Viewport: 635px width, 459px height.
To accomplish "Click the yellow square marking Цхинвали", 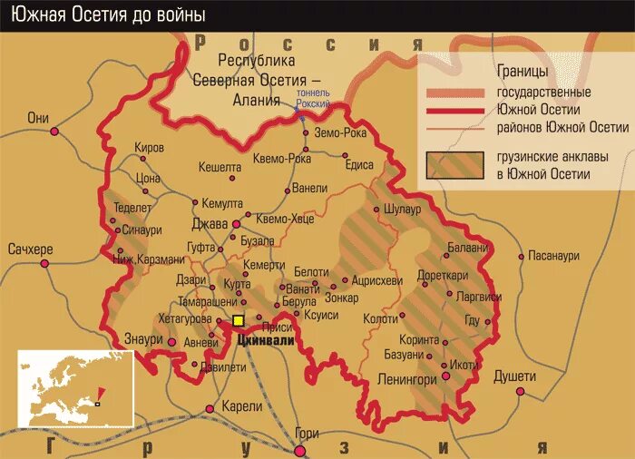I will (x=239, y=321).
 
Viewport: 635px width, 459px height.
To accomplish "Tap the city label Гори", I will (x=307, y=433).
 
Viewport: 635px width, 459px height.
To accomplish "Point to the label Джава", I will (x=210, y=223).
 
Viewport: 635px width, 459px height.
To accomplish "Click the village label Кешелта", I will (x=220, y=168).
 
